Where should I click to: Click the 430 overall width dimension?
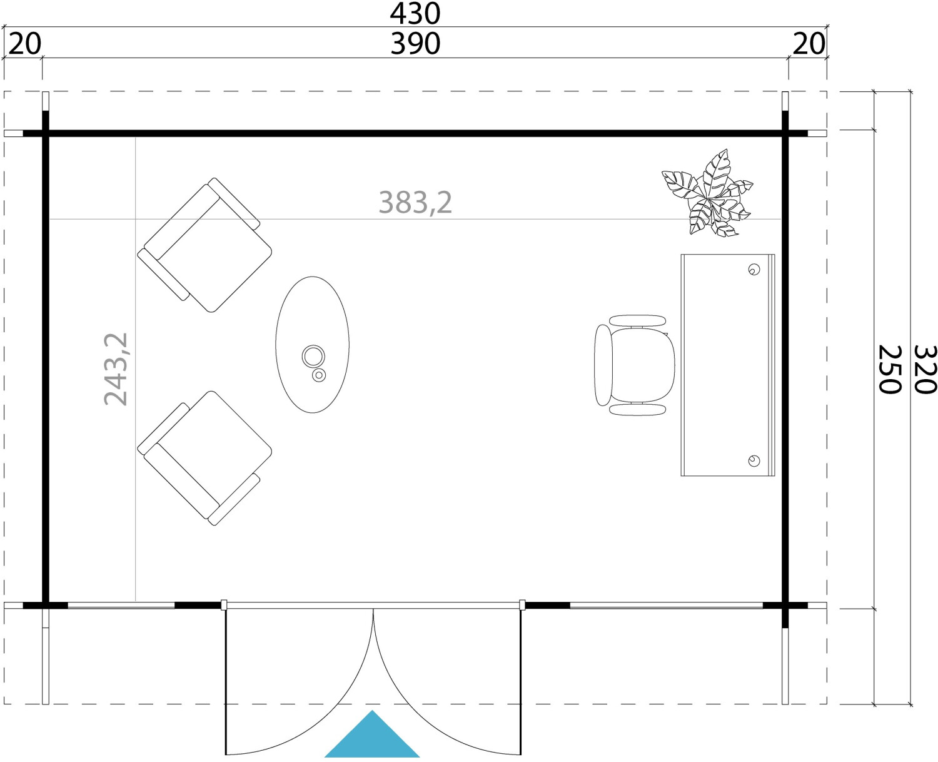click(415, 14)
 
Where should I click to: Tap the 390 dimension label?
click(415, 44)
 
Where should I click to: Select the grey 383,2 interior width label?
click(415, 202)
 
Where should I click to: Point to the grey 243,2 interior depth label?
click(116, 369)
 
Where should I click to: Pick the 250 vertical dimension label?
click(890, 369)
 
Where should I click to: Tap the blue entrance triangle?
click(372, 734)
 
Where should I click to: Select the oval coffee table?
click(313, 345)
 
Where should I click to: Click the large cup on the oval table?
click(313, 356)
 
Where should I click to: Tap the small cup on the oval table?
click(319, 375)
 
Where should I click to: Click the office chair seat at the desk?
click(643, 365)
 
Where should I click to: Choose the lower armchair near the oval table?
click(204, 458)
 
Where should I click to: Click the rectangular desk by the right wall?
click(727, 365)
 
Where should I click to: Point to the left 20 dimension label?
click(24, 44)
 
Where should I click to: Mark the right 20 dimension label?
click(809, 44)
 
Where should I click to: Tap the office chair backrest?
click(603, 365)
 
